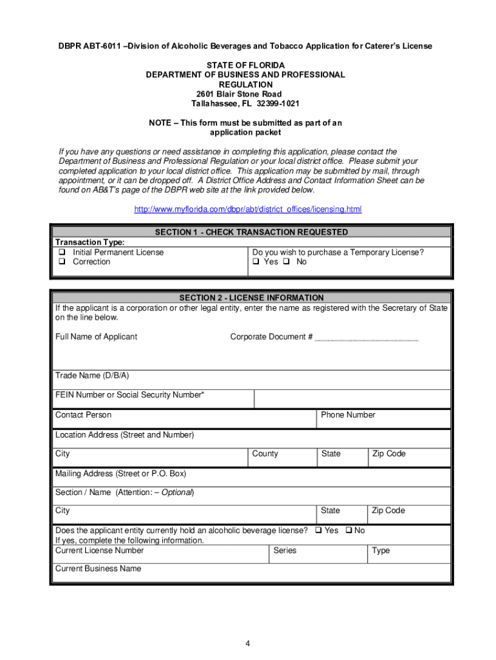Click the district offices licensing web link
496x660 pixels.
pyautogui.click(x=247, y=209)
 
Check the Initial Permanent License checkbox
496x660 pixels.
pyautogui.click(x=62, y=253)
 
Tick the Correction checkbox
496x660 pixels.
pyautogui.click(x=62, y=262)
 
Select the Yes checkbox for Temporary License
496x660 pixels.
pyautogui.click(x=256, y=262)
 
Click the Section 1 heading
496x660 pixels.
pyautogui.click(x=251, y=232)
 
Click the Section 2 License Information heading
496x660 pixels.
pyautogui.click(x=251, y=298)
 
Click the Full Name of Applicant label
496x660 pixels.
pyautogui.click(x=96, y=336)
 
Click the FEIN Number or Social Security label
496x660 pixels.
pyautogui.click(x=130, y=394)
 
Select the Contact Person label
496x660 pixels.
pyautogui.click(x=83, y=415)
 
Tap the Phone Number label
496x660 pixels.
pyautogui.click(x=348, y=415)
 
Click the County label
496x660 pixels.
pyautogui.click(x=265, y=454)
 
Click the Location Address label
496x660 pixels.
pyautogui.click(x=124, y=435)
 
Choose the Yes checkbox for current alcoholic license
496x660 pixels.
pyautogui.click(x=318, y=530)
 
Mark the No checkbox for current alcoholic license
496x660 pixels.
pyautogui.click(x=348, y=530)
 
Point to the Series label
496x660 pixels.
pyautogui.click(x=285, y=550)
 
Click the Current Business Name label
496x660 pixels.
pyautogui.click(x=98, y=568)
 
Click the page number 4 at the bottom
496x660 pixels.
pyautogui.click(x=247, y=644)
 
